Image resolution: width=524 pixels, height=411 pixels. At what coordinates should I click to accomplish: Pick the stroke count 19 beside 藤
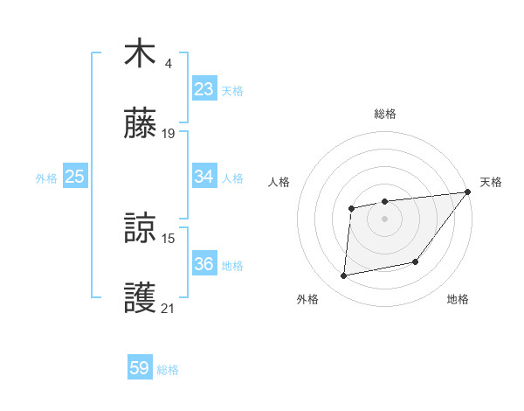click(169, 134)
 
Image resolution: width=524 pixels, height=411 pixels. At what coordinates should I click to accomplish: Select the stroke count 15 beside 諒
click(169, 238)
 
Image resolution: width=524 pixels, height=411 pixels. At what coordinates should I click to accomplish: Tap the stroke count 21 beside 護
click(169, 308)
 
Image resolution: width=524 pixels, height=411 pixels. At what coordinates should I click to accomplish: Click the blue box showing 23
click(204, 89)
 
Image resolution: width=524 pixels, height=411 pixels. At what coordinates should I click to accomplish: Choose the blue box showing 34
click(204, 177)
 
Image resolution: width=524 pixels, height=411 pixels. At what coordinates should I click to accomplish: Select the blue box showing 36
click(204, 264)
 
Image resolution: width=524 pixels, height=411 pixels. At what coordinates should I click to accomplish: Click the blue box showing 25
click(75, 177)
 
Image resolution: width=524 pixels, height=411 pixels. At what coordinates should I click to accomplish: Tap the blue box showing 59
click(140, 369)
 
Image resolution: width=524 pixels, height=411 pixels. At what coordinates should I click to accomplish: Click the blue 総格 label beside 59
click(168, 370)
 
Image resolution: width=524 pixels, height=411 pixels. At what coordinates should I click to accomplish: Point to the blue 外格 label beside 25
click(46, 178)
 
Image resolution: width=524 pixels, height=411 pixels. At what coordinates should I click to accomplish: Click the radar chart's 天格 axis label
click(491, 182)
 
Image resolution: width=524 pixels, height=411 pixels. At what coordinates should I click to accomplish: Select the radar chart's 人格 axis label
click(279, 182)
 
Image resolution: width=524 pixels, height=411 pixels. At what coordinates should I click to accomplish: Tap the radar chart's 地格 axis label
click(458, 299)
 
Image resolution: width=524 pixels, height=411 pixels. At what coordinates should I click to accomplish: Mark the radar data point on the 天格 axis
click(467, 192)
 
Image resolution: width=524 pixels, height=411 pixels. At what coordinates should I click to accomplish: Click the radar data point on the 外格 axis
click(344, 276)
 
